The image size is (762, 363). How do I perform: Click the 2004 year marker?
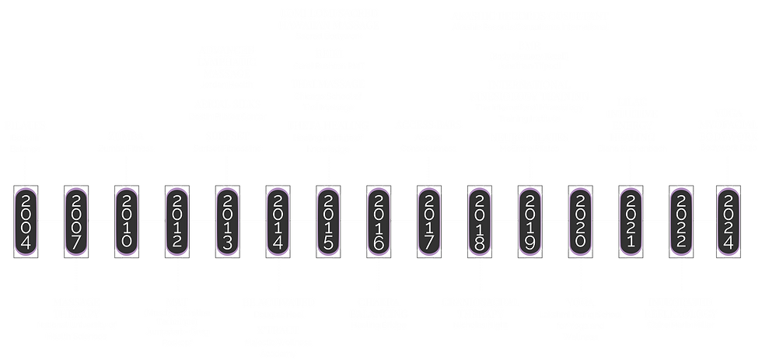[26, 220]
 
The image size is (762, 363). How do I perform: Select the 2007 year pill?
[77, 220]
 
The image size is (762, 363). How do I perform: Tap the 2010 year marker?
[127, 220]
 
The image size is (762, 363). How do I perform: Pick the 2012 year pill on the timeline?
[177, 220]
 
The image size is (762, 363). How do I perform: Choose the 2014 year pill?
[278, 220]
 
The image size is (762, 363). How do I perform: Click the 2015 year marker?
[328, 220]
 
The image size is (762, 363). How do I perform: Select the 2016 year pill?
[379, 220]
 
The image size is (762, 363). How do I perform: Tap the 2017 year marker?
[428, 220]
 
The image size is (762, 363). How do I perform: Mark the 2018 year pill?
[479, 220]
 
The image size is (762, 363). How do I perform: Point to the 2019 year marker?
[530, 220]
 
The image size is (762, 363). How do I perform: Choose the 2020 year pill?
[579, 220]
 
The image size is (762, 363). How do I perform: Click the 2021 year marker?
[630, 220]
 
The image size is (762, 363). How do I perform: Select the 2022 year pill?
[680, 220]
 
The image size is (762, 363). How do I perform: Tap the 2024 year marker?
[730, 220]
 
